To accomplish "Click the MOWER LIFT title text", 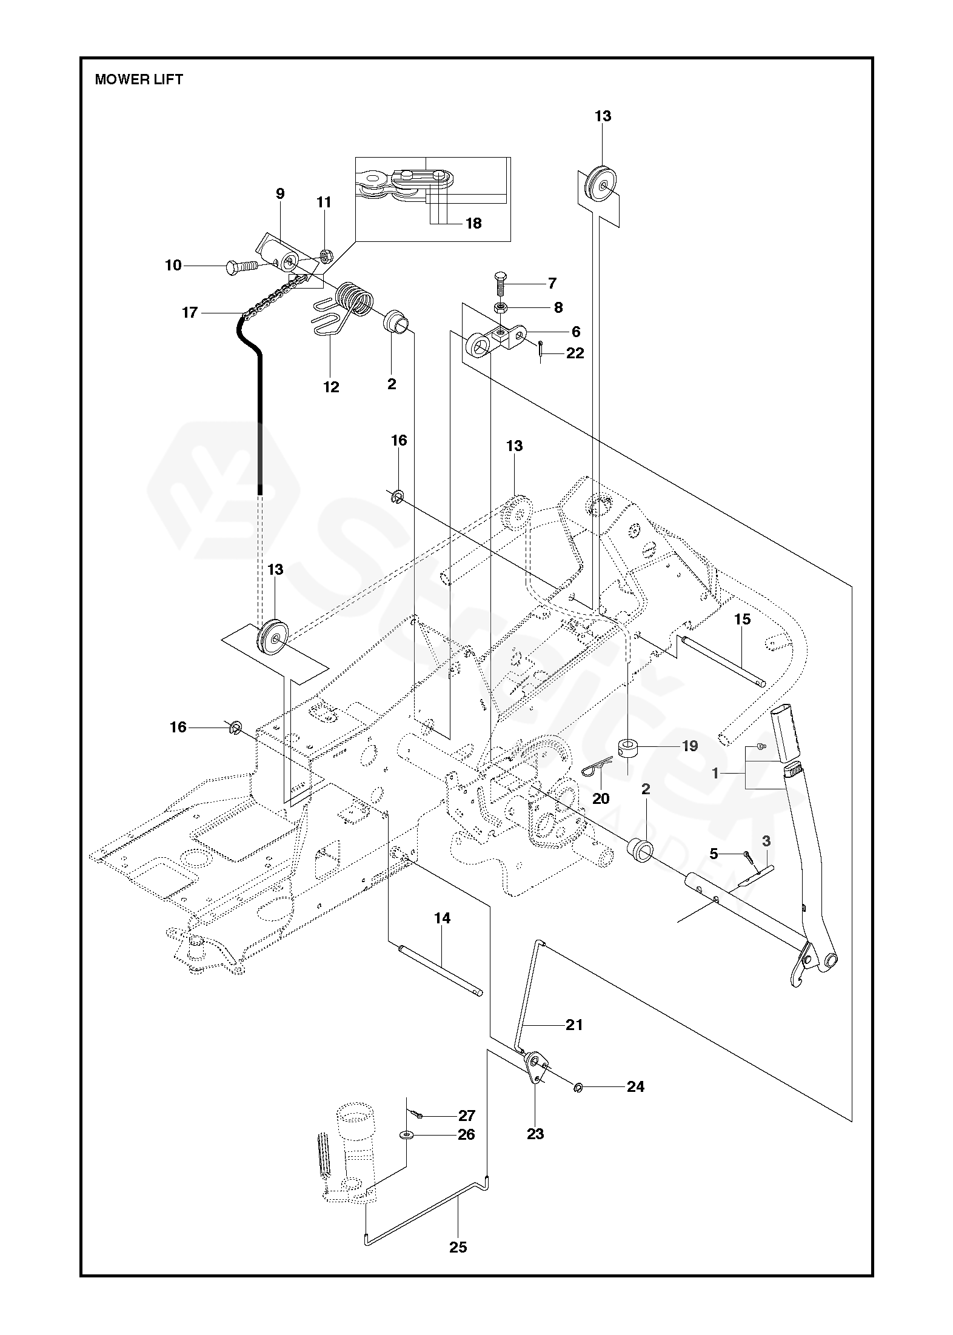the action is pyautogui.click(x=139, y=79).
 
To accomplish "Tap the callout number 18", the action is pyautogui.click(x=473, y=223).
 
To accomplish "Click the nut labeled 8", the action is pyautogui.click(x=502, y=307).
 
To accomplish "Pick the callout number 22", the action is pyautogui.click(x=574, y=353).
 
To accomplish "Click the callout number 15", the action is pyautogui.click(x=742, y=619).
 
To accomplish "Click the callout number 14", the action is pyautogui.click(x=442, y=918).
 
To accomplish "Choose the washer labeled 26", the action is pyautogui.click(x=404, y=1134).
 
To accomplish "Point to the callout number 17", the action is pyautogui.click(x=190, y=312).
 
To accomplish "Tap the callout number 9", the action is pyautogui.click(x=279, y=194).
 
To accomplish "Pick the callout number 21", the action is pyautogui.click(x=573, y=1025).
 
